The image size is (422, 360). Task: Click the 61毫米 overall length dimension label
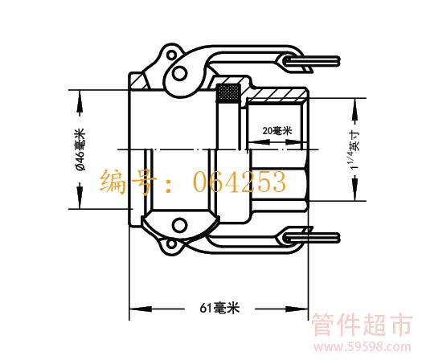tap(219, 308)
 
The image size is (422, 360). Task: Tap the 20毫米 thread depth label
tap(277, 131)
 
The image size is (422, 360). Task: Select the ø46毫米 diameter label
tap(80, 149)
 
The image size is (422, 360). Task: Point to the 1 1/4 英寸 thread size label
tap(354, 149)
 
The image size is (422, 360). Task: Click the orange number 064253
tap(240, 182)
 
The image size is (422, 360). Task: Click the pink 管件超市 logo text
tap(362, 325)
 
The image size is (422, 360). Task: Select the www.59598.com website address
tap(363, 347)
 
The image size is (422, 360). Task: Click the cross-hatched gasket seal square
tap(229, 93)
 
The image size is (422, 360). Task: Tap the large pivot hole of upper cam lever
tap(179, 73)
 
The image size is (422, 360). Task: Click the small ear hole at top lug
tap(171, 55)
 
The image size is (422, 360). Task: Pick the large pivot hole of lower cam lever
tap(179, 225)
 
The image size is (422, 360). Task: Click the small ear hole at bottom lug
tap(171, 244)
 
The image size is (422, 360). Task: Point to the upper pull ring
tap(312, 62)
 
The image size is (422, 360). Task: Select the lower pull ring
tap(312, 238)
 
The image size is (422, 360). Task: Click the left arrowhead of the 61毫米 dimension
tap(141, 309)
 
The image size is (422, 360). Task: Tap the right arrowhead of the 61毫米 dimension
tap(297, 309)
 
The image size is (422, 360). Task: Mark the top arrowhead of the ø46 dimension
tap(80, 101)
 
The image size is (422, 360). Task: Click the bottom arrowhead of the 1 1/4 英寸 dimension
tap(355, 189)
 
